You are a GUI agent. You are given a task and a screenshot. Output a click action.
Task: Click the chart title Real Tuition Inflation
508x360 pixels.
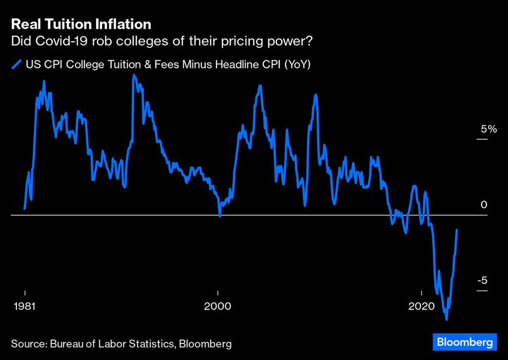[81, 24]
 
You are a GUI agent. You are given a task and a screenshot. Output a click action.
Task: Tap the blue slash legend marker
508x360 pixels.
[16, 65]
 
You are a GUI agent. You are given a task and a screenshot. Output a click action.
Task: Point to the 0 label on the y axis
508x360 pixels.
[484, 205]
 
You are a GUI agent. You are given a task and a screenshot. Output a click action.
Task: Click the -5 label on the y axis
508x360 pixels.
[483, 281]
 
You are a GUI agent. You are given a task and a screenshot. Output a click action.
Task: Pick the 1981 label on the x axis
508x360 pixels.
[25, 307]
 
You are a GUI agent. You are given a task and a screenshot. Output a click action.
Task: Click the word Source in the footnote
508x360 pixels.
[27, 343]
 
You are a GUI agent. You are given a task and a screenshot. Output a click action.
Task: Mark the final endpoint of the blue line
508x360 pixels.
[457, 230]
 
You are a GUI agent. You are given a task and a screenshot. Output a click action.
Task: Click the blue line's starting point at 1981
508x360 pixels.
[25, 209]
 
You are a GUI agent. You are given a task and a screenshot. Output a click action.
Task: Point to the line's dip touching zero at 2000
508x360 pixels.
[220, 216]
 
